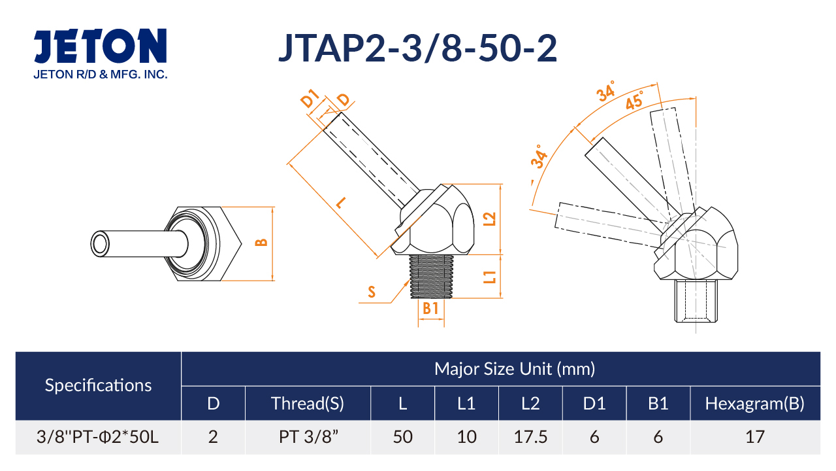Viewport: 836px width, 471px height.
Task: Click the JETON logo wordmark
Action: coord(100,46)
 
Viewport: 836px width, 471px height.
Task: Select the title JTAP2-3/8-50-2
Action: coord(418,48)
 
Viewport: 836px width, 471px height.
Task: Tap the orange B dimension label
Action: coord(262,243)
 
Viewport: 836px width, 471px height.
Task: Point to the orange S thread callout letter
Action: coord(372,292)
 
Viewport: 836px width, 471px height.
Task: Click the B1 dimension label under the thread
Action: coord(430,308)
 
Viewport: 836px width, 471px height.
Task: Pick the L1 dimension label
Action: coord(490,277)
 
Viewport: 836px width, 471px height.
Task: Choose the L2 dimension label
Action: coord(490,219)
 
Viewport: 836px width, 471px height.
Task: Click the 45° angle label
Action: coord(635,100)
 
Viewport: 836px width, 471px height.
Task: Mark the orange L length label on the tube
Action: coord(341,203)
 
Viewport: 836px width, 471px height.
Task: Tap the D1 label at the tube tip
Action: coord(310,98)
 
